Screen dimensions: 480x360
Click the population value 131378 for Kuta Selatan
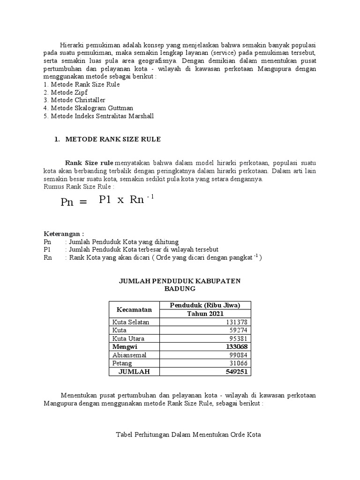pos(237,322)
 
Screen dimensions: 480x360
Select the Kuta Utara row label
pos(128,338)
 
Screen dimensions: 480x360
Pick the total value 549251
pos(236,371)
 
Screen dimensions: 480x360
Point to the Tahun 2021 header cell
pos(206,314)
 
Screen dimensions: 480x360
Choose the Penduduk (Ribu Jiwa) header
pos(206,306)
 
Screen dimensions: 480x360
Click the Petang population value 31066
pos(238,363)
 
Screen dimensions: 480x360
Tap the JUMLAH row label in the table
pos(133,371)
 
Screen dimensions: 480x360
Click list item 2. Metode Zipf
pos(65,92)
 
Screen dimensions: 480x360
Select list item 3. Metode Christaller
pos(74,100)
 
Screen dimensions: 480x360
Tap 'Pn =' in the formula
pos(74,202)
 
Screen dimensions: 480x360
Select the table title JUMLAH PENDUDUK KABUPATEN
pos(180,281)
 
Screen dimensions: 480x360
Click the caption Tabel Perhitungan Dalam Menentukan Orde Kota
pos(188,435)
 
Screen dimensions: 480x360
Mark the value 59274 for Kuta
pos(238,330)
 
